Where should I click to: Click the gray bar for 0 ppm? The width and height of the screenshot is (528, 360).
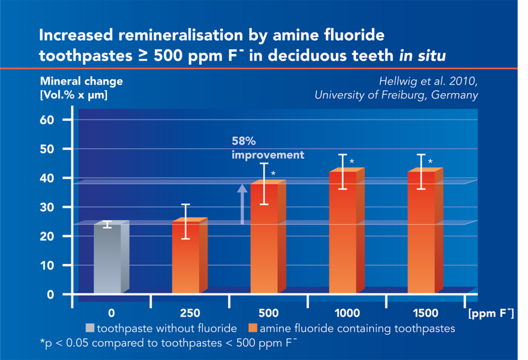point(107,259)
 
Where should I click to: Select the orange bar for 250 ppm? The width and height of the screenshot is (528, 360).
point(185,257)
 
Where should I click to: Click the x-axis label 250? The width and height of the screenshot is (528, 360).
point(190,313)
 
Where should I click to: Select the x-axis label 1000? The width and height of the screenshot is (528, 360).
point(347,313)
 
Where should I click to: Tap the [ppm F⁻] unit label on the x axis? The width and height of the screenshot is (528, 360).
point(490,313)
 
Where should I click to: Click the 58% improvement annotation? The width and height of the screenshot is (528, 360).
point(268,148)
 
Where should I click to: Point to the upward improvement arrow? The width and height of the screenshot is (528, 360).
point(242,204)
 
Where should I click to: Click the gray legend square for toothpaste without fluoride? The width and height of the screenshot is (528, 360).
point(90,328)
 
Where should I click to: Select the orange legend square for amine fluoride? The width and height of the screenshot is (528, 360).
point(253,328)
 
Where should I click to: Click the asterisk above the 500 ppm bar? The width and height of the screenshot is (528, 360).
point(274,174)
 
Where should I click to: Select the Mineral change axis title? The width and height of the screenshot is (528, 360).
point(81,82)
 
